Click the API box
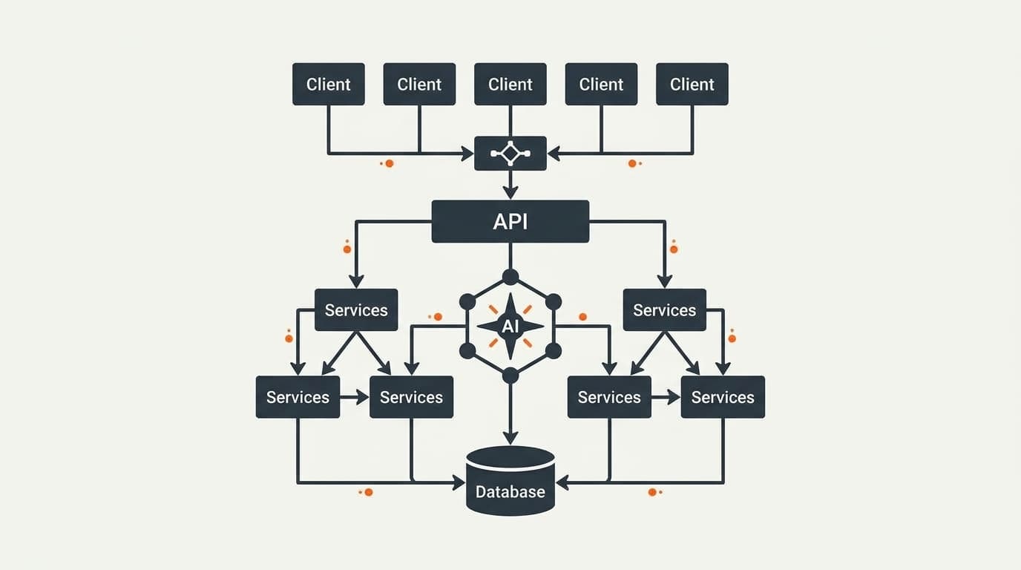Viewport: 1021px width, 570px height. click(x=510, y=221)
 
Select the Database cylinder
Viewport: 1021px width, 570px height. click(x=510, y=481)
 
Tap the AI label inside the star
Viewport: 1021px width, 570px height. click(x=510, y=326)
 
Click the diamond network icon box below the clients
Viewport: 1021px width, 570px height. click(x=510, y=153)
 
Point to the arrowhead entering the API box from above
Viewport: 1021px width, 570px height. click(x=510, y=192)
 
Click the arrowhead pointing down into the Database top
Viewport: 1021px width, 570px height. click(x=510, y=438)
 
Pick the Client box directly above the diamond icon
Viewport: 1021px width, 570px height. click(x=510, y=84)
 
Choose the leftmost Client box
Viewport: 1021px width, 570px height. click(x=328, y=84)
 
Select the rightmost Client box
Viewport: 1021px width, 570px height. click(x=692, y=84)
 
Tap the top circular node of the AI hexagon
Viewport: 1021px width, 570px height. click(x=510, y=277)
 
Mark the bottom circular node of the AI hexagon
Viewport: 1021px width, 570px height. click(x=510, y=376)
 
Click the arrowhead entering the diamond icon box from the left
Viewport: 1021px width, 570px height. click(x=467, y=154)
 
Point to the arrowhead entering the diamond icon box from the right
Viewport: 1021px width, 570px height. click(x=554, y=154)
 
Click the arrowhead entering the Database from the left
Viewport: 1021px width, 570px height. click(x=459, y=482)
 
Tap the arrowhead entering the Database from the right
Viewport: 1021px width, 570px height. click(x=562, y=482)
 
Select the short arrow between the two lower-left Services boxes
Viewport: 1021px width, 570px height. click(x=354, y=397)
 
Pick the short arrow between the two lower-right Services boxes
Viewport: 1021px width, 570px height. click(x=666, y=397)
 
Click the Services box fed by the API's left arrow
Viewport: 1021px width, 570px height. click(x=356, y=309)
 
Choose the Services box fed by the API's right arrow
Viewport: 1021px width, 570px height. click(x=665, y=309)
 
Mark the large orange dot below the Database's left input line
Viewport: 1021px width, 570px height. click(x=369, y=493)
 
